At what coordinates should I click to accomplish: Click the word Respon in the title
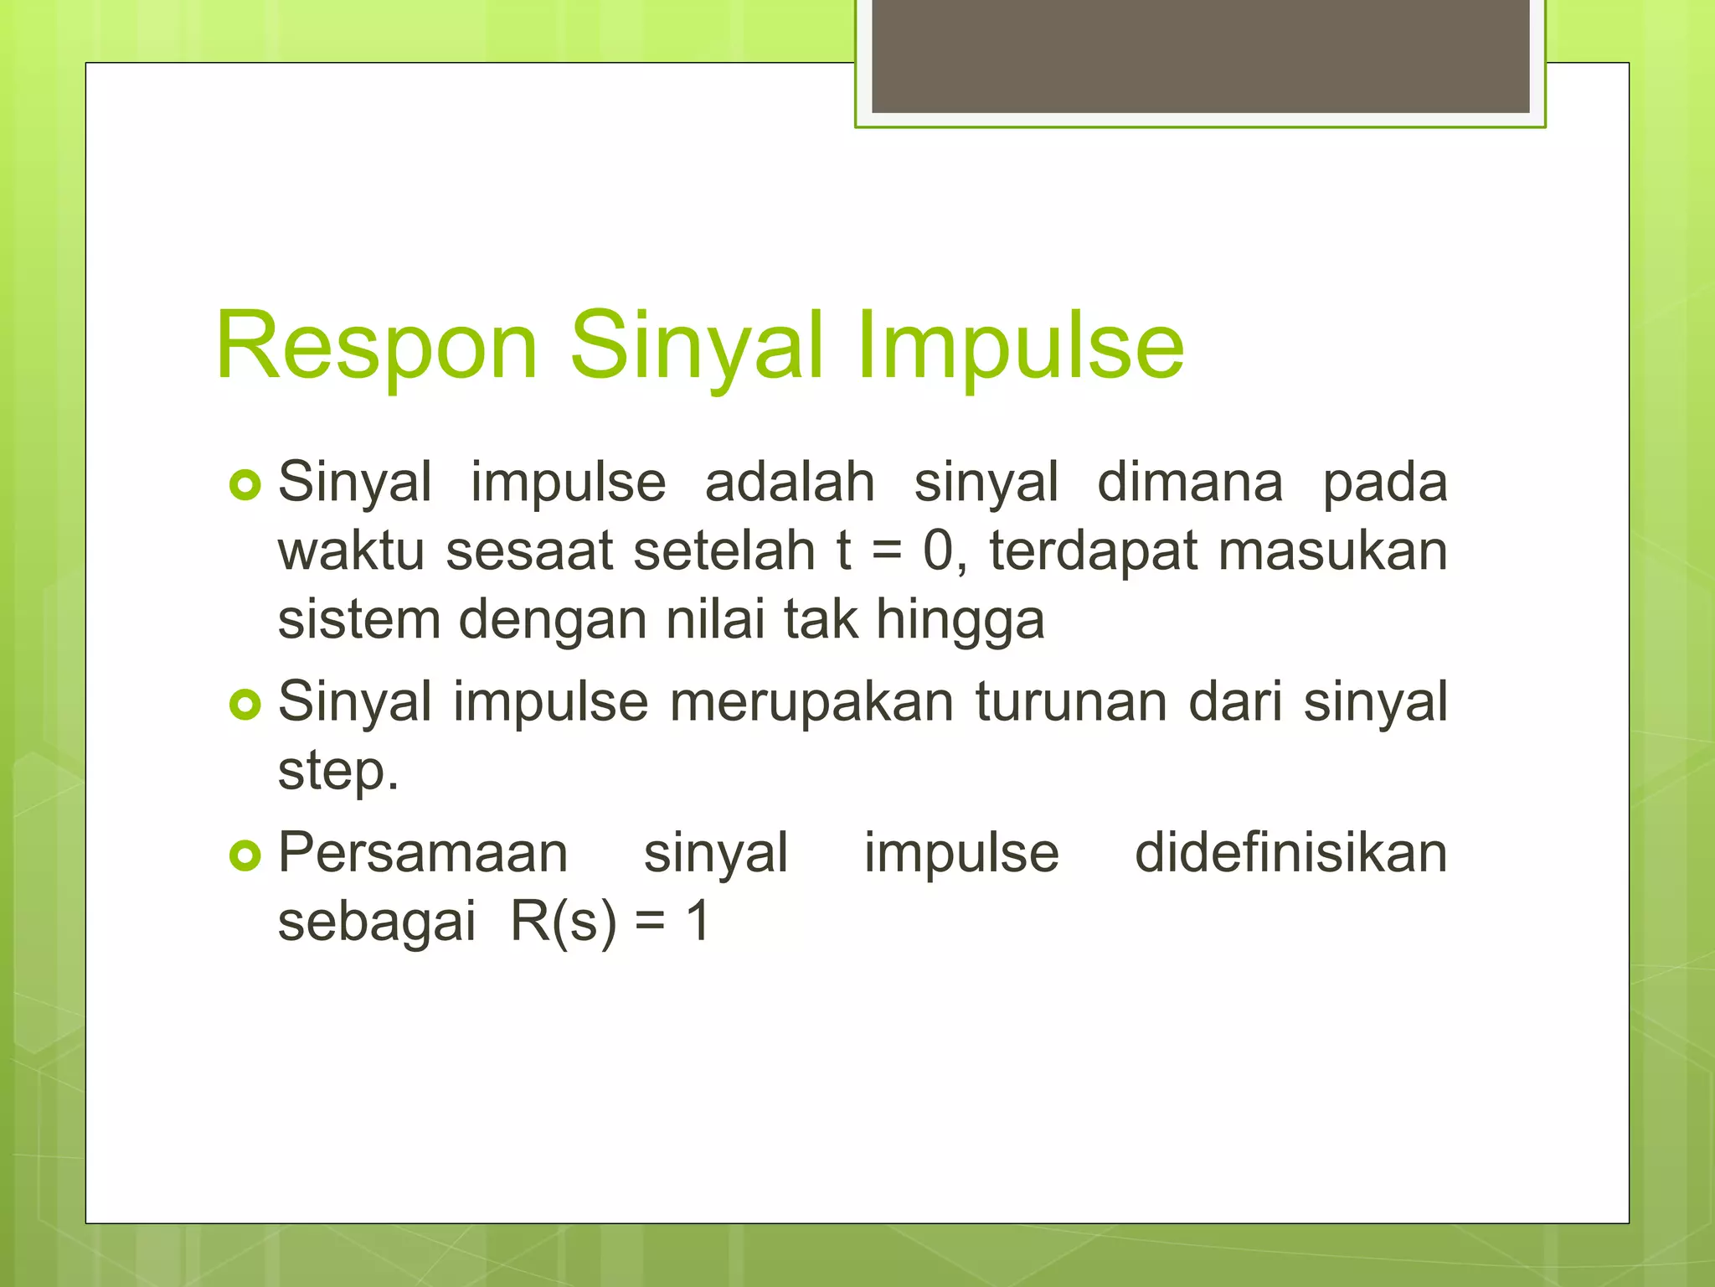point(376,346)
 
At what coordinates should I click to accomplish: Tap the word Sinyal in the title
point(697,346)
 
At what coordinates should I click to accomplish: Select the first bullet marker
point(245,485)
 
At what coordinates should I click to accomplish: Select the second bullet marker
point(245,705)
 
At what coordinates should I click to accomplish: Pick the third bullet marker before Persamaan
point(245,855)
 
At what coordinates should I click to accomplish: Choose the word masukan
point(1332,551)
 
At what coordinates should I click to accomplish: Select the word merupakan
point(811,702)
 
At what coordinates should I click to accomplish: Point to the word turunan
point(1071,702)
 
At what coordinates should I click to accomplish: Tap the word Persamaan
point(423,853)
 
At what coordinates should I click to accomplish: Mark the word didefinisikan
point(1290,853)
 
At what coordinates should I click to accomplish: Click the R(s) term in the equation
point(563,922)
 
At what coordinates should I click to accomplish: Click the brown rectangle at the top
point(1200,55)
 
